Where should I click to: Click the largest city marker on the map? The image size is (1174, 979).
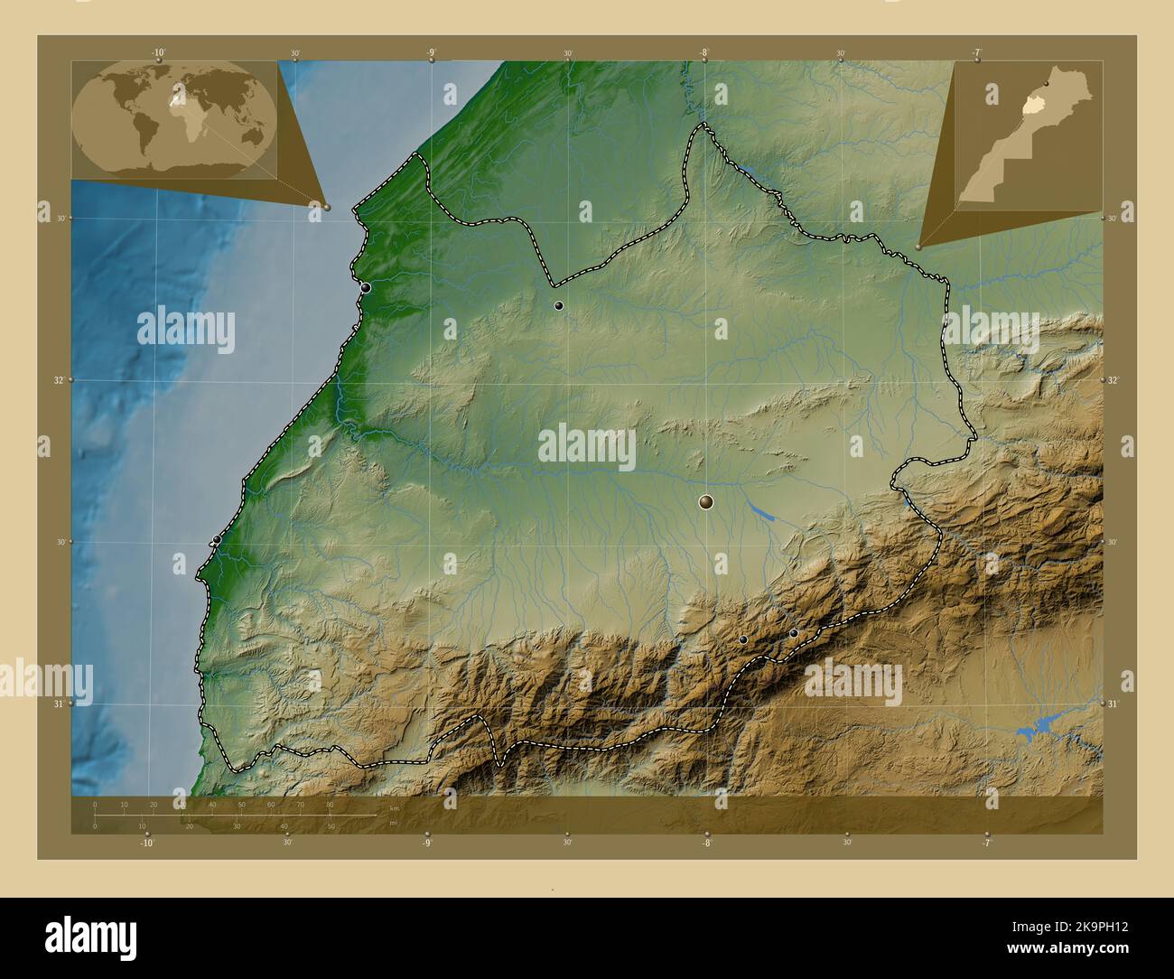(x=706, y=502)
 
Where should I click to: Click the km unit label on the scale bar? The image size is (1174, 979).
(x=394, y=808)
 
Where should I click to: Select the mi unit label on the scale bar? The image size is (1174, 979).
(x=394, y=823)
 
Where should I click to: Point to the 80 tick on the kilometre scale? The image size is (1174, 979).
(x=330, y=804)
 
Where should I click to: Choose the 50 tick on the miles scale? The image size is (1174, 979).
(x=331, y=825)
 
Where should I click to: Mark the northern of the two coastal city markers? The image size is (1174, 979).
(x=366, y=288)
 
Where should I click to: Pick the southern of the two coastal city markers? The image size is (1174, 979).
(x=217, y=540)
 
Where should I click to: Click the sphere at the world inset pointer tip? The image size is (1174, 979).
(x=327, y=207)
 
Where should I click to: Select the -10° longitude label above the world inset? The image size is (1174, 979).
(x=159, y=52)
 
